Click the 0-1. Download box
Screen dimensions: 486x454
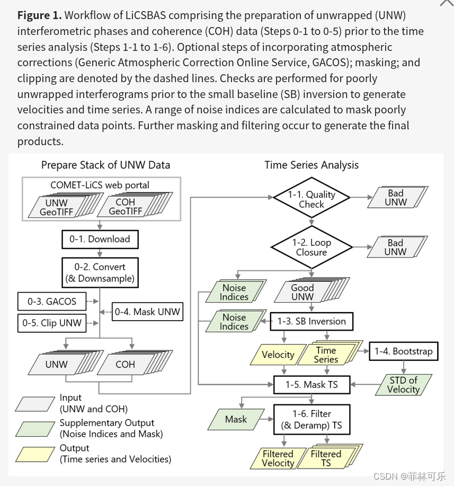(x=100, y=239)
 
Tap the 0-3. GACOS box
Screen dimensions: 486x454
(x=52, y=302)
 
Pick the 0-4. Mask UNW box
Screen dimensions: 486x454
(x=148, y=312)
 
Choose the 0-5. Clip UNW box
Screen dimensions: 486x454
(x=52, y=322)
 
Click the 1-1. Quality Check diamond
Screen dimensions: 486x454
(x=311, y=199)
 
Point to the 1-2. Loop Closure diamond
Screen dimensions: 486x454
(x=311, y=247)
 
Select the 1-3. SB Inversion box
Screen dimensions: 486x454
(x=311, y=321)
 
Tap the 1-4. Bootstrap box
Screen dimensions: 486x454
(x=404, y=351)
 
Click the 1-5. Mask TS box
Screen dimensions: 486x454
(x=312, y=385)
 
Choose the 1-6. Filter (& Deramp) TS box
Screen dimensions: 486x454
(x=312, y=419)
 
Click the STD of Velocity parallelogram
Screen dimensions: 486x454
(x=403, y=385)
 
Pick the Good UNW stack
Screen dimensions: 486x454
(x=303, y=292)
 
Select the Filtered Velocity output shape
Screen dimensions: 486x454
(x=278, y=458)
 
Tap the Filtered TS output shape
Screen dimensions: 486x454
(x=326, y=458)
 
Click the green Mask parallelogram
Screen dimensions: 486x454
(x=236, y=419)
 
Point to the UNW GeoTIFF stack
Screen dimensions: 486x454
(x=57, y=207)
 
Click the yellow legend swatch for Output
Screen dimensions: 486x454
(x=35, y=454)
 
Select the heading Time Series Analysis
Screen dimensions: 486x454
(x=311, y=165)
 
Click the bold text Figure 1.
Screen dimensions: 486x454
(x=39, y=15)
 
